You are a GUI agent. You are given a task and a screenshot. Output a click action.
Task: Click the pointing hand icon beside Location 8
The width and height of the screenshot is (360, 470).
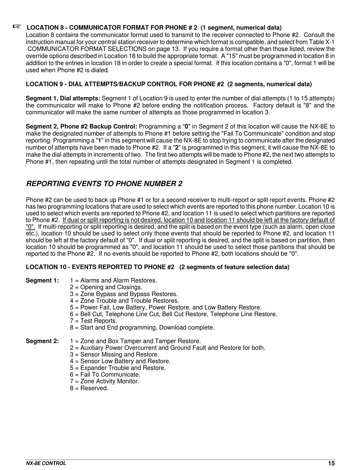click(17, 26)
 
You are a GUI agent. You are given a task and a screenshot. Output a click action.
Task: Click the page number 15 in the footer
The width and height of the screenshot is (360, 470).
click(331, 463)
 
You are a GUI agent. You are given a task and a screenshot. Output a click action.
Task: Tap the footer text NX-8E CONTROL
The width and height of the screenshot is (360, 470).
click(46, 463)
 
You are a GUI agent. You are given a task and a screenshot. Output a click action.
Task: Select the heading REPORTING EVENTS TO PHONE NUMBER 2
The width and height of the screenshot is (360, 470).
click(104, 184)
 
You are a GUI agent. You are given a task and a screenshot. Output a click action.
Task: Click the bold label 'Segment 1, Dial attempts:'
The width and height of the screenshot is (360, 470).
click(63, 98)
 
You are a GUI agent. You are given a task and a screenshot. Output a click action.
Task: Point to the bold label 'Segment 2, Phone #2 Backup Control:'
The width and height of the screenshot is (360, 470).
click(81, 126)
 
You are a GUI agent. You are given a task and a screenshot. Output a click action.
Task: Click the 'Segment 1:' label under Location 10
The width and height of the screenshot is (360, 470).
click(42, 281)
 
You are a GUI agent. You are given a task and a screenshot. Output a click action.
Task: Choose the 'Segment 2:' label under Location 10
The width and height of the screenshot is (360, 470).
click(42, 341)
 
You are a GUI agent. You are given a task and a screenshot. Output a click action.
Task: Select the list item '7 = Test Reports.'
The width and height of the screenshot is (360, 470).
click(93, 321)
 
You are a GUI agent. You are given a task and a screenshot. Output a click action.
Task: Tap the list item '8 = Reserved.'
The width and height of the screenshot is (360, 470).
click(89, 388)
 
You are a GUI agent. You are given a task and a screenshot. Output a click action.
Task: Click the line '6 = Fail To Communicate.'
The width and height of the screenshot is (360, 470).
click(105, 375)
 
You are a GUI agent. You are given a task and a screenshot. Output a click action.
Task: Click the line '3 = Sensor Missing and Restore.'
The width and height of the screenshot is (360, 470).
click(114, 354)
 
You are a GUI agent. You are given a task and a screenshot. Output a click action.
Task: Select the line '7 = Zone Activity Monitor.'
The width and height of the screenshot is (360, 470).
click(105, 381)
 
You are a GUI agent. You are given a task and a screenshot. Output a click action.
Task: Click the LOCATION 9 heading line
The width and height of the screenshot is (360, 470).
click(169, 84)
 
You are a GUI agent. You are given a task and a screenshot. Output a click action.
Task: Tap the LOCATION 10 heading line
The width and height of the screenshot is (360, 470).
click(157, 267)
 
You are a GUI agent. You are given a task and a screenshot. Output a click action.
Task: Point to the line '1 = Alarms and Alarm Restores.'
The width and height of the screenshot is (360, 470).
click(113, 281)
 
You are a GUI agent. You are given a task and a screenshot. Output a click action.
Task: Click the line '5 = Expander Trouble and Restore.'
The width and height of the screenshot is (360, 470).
click(118, 368)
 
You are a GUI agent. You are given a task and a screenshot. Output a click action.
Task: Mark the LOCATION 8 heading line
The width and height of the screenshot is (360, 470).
click(154, 28)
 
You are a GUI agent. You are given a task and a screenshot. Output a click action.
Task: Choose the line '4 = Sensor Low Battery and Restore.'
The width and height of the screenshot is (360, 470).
click(120, 361)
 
